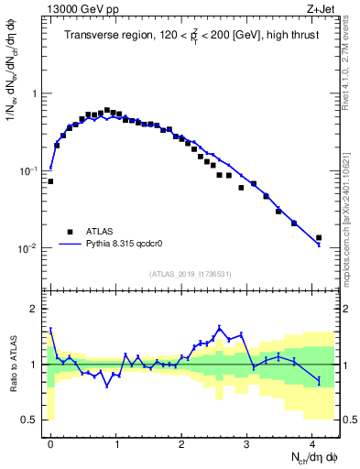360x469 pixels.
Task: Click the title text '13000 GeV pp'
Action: click(80, 10)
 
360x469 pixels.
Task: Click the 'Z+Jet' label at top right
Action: click(321, 10)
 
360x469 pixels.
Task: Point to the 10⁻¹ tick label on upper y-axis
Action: click(28, 170)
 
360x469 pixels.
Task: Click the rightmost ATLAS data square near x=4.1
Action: click(319, 238)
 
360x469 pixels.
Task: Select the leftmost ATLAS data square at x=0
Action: click(50, 181)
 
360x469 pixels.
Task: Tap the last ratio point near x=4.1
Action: click(319, 380)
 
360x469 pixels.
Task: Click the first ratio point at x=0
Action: click(50, 329)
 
